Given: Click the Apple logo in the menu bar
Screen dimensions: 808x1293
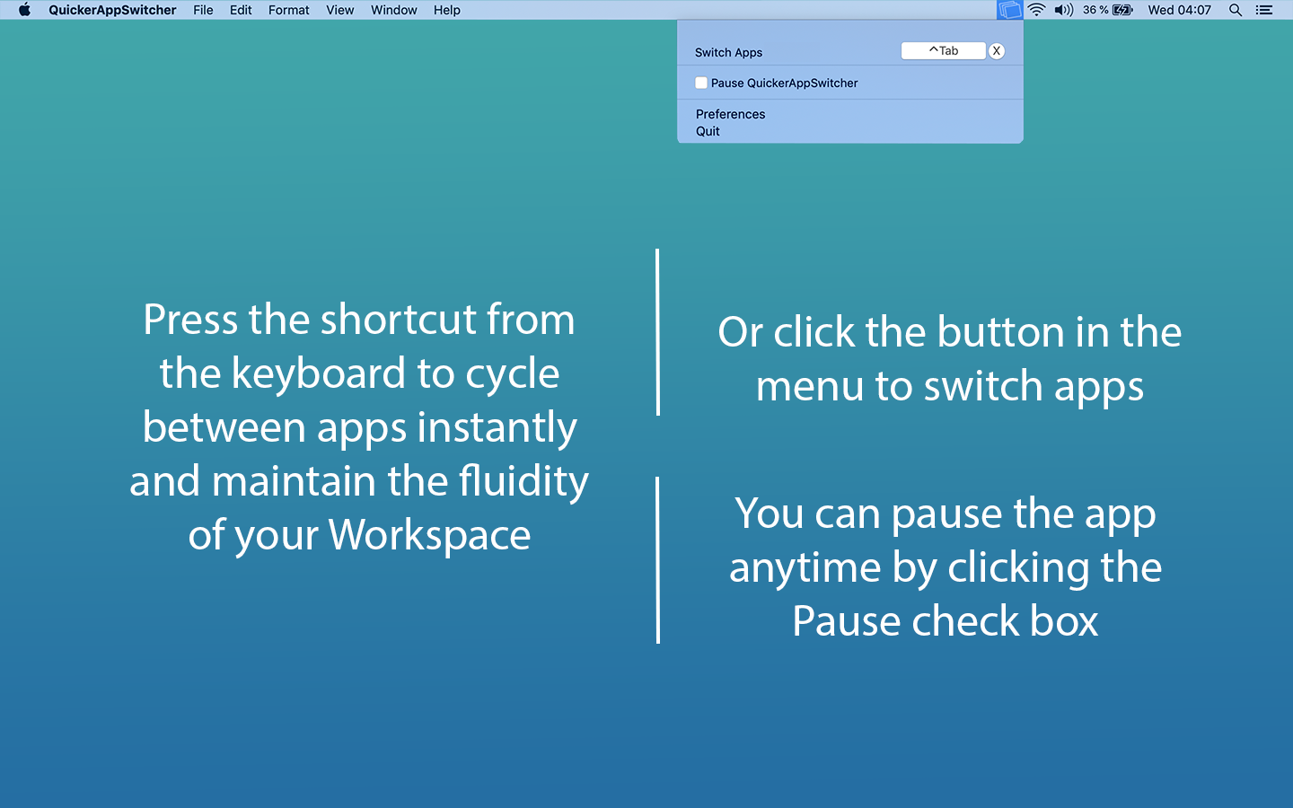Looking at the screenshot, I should coord(24,10).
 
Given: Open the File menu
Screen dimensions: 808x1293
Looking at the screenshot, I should coord(203,10).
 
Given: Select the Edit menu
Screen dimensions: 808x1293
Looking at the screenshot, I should coord(241,10).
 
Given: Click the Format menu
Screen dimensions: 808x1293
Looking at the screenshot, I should coord(288,10).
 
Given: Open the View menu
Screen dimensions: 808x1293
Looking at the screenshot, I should coord(339,10).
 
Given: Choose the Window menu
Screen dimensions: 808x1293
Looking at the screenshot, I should coord(394,10).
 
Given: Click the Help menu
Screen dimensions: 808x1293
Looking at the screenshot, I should coord(446,10).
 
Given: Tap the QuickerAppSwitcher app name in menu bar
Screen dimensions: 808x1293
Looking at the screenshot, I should coord(112,10).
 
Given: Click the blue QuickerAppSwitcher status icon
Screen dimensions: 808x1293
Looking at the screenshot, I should coord(1009,10).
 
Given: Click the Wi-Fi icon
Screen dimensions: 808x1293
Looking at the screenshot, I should coord(1036,10).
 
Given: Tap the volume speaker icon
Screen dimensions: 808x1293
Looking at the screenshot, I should coord(1063,10).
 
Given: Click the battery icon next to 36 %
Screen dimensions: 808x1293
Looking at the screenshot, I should coord(1122,10).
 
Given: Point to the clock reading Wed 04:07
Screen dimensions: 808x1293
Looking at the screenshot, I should coord(1179,10).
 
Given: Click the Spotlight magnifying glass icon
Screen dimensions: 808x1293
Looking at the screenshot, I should coord(1236,10).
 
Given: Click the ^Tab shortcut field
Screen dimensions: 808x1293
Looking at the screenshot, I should coord(943,51).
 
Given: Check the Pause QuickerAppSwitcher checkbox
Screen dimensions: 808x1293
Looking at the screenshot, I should coord(701,83).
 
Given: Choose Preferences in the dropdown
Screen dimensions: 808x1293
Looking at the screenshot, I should coord(730,114).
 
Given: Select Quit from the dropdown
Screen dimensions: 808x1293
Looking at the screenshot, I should coord(708,131).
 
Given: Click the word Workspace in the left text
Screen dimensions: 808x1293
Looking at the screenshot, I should coord(429,535).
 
